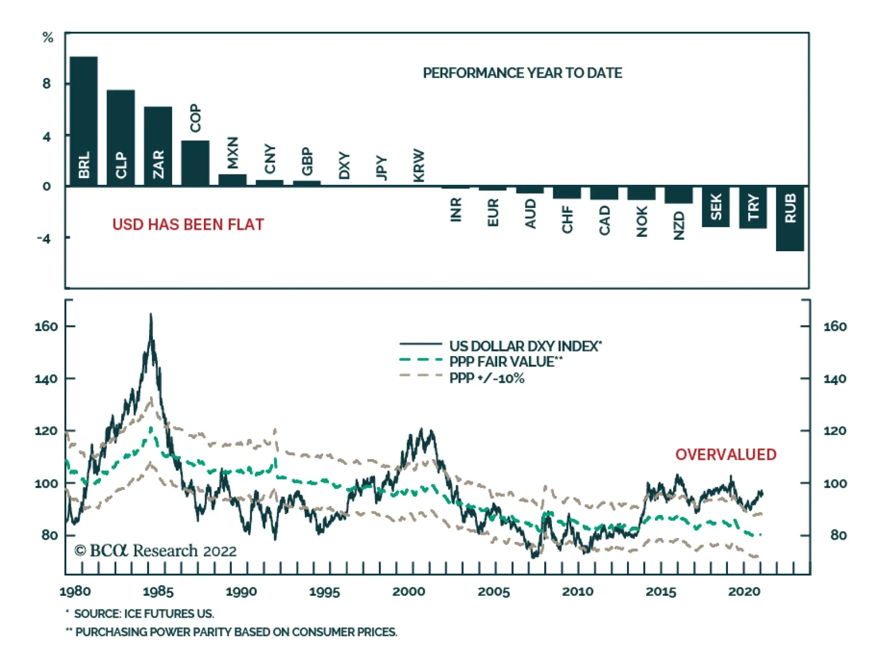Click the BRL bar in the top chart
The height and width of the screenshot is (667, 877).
(x=83, y=121)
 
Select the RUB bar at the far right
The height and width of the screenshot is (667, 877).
(x=790, y=219)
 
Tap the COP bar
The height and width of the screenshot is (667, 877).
(x=195, y=163)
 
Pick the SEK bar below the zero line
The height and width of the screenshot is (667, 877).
(x=715, y=206)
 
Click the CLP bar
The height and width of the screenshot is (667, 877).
(x=121, y=137)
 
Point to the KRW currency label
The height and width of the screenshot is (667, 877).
(x=419, y=165)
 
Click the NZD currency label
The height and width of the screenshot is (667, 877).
(x=679, y=225)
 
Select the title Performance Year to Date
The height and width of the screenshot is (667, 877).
(x=522, y=73)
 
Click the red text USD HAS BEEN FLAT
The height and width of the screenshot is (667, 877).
(x=188, y=224)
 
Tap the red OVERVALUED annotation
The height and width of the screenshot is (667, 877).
(x=725, y=454)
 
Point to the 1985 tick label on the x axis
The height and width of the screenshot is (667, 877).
(x=158, y=591)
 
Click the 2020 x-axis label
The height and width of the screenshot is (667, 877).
(x=744, y=591)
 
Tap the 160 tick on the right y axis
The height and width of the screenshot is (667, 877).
(x=834, y=326)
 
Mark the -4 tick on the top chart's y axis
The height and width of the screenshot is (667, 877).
(x=44, y=238)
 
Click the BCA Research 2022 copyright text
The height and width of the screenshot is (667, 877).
(x=155, y=550)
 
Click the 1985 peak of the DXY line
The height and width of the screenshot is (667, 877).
(x=151, y=314)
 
